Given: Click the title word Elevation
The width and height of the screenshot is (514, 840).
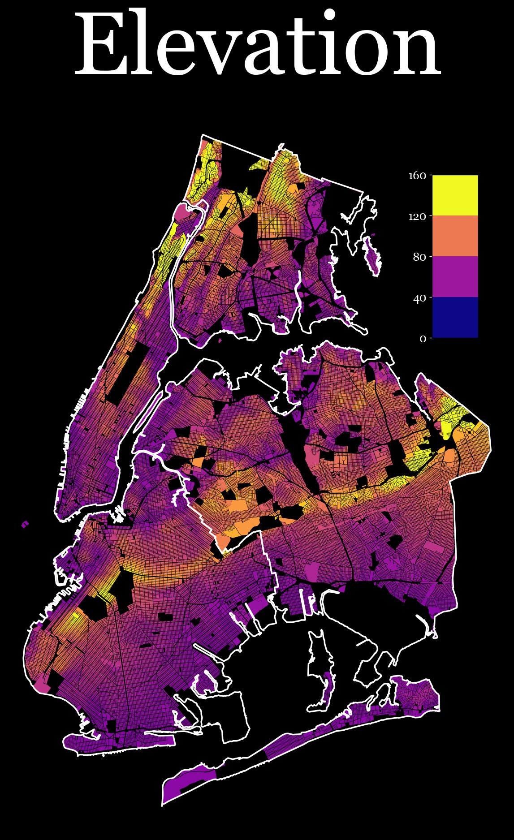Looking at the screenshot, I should click(257, 45).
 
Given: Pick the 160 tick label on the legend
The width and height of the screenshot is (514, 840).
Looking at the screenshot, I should click(416, 175).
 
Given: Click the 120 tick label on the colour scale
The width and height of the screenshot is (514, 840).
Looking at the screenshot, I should click(416, 216).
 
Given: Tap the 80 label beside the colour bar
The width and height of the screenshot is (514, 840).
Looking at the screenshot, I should click(419, 257).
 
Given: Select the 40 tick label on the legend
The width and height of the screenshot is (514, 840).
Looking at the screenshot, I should click(419, 297).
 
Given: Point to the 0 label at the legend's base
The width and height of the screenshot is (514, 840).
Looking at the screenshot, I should click(423, 338).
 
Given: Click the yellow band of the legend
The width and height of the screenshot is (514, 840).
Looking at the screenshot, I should click(455, 195).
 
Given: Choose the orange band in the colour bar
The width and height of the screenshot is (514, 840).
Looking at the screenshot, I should click(455, 236).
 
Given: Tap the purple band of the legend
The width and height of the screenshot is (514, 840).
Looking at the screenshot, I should click(455, 277).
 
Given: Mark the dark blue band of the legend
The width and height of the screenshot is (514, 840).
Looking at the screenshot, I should click(455, 317).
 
